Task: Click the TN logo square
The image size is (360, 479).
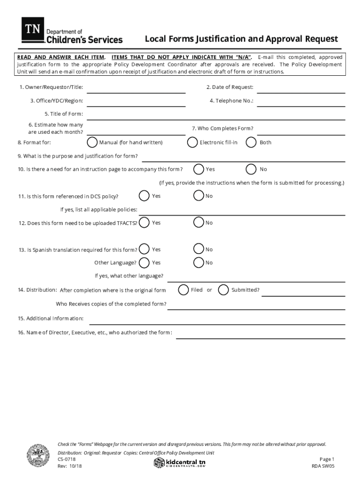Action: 33,29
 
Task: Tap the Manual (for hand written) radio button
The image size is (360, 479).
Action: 93,142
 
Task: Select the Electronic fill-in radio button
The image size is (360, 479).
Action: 192,142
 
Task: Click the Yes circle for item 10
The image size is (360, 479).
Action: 199,169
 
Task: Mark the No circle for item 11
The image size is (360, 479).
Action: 199,196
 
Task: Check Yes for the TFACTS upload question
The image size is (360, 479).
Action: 145,223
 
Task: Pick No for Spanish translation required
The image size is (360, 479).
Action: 199,249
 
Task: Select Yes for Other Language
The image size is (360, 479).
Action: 145,262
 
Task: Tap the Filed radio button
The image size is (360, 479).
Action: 183,290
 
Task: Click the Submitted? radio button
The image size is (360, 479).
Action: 224,290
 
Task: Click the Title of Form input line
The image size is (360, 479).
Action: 216,115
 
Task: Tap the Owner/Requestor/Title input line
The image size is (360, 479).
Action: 136,88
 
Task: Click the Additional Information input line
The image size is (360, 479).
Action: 217,319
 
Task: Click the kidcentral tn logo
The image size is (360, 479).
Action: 180,463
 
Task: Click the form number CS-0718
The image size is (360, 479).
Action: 65,459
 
